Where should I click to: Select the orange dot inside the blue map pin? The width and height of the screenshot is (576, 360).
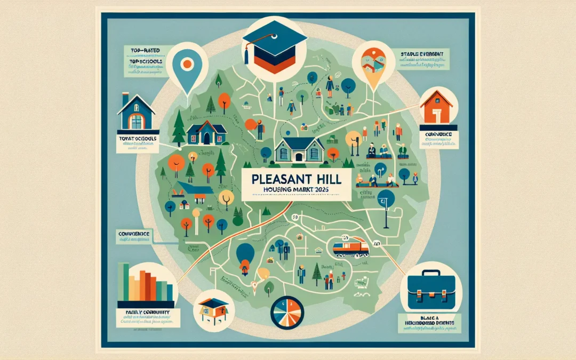click(x=187, y=65)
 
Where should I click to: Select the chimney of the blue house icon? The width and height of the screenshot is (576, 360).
click(x=125, y=99)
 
